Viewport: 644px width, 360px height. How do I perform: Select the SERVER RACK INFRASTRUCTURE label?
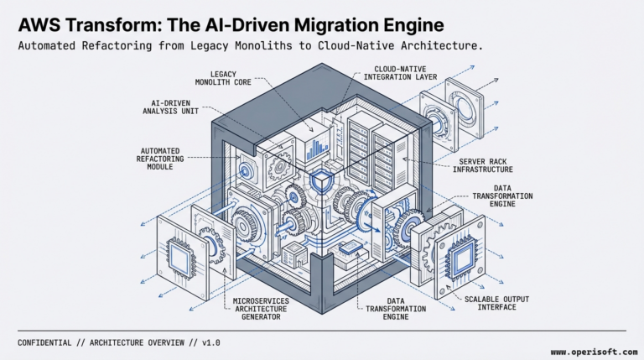point(490,164)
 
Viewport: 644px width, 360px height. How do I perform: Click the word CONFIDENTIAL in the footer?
point(47,342)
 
